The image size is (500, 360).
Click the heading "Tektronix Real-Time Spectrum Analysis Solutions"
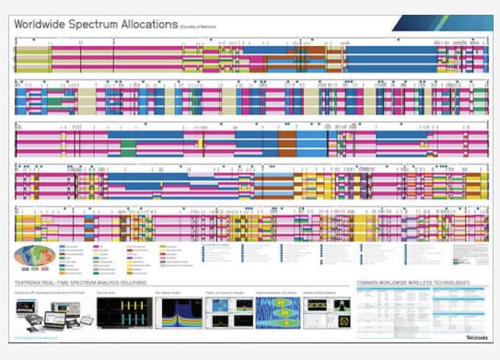click(x=81, y=282)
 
